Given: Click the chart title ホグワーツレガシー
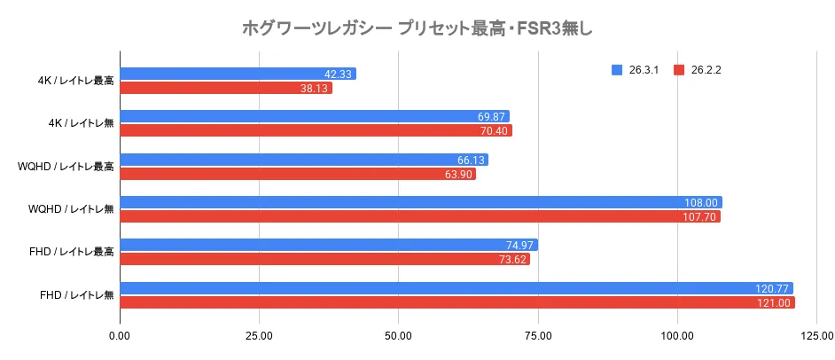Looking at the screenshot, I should coord(417,28).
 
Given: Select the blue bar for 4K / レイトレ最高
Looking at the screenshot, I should coord(238,74).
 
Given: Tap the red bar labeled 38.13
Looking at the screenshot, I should coord(225,88).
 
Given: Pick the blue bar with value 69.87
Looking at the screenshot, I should coord(314,116).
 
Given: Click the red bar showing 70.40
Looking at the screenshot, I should coord(316,130).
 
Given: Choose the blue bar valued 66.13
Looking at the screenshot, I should coord(303,160).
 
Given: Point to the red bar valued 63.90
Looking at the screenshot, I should coord(297,174).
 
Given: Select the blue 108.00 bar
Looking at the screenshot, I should coord(420,202).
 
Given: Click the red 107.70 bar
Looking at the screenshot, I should coord(419,216).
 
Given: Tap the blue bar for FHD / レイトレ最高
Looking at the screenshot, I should coord(328,245).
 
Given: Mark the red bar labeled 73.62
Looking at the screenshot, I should coord(324,259).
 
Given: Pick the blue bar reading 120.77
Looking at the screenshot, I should coord(456,287).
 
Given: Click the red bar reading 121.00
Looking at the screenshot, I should coord(457,301).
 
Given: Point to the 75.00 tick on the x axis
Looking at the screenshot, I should coord(538,336).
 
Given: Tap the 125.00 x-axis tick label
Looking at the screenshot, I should coord(816,336).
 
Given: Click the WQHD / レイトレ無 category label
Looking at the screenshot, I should coord(66,209).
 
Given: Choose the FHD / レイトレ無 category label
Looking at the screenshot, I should coord(72,294).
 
